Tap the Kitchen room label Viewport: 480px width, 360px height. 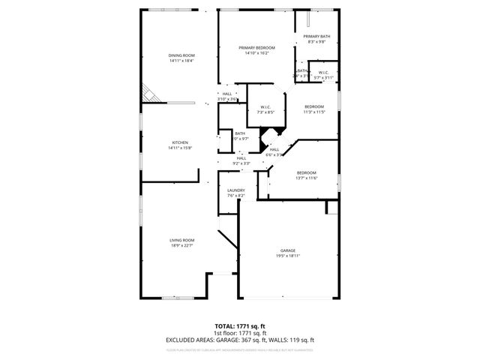(180, 142)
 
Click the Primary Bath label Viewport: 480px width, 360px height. (316, 37)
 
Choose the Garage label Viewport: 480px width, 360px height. (287, 250)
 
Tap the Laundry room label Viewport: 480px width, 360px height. (236, 190)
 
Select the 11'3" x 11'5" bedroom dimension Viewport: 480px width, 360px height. (314, 112)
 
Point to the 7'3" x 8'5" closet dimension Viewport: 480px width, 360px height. (265, 112)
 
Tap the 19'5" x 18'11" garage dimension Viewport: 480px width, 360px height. (287, 256)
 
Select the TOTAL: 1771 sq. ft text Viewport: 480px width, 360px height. (240, 327)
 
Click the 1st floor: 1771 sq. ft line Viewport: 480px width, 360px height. (240, 333)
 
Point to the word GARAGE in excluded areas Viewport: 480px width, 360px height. (226, 339)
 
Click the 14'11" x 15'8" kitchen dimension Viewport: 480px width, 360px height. (180, 148)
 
